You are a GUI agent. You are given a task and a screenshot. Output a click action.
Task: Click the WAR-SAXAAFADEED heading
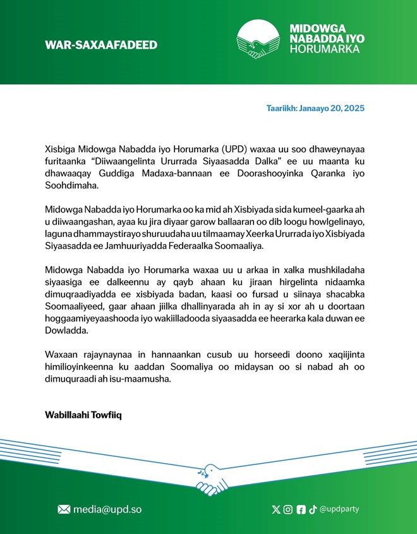pos(101,45)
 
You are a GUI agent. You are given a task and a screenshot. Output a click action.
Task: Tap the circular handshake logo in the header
pos(258,39)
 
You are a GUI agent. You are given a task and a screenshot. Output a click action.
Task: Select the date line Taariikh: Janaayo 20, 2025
pos(315,109)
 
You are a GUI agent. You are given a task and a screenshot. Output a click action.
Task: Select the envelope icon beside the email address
pos(64,509)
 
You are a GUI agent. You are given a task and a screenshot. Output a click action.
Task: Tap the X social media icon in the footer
pos(275,509)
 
